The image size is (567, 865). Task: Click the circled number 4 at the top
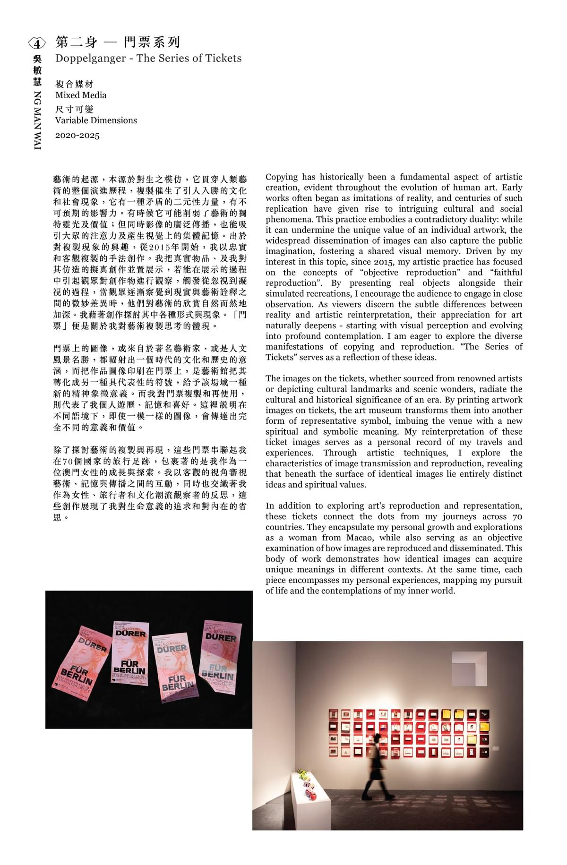tap(37, 43)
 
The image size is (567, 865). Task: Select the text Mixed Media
tap(81, 95)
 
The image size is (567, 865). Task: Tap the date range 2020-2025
tap(77, 136)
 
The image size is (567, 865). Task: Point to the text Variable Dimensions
tap(96, 120)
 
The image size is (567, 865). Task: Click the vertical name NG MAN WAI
tap(37, 120)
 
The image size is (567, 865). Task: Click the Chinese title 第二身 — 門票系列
tap(118, 42)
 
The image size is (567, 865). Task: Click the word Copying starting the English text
tap(282, 177)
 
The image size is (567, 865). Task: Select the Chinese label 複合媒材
tap(74, 84)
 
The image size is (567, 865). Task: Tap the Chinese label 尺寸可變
tap(74, 109)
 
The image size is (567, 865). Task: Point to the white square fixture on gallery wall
tap(469, 668)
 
